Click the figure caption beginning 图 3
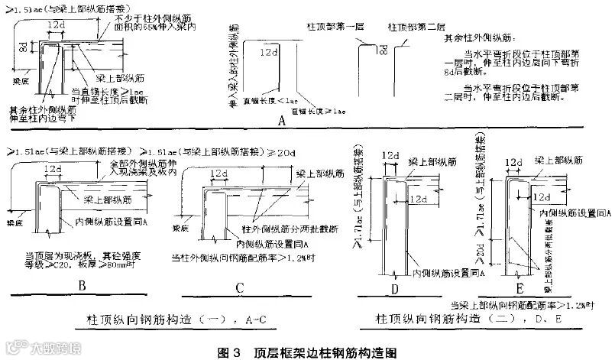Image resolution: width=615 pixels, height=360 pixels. pyautogui.click(x=308, y=352)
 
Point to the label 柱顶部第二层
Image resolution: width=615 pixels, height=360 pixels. pyautogui.click(x=414, y=26)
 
